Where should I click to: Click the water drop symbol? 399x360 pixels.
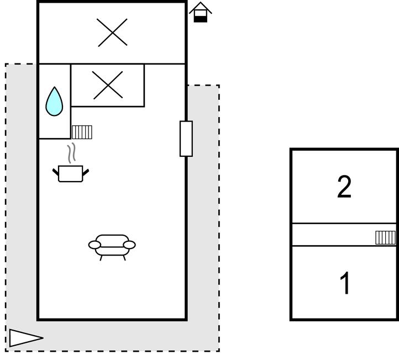(x=54, y=102)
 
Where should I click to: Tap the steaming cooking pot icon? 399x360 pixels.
(x=71, y=173)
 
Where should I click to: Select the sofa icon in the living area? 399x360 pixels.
(x=112, y=245)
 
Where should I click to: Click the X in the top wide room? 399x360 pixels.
(x=112, y=32)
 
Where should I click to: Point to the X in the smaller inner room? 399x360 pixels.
(x=108, y=85)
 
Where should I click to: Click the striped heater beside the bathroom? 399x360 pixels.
(x=82, y=132)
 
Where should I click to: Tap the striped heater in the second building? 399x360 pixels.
(x=386, y=237)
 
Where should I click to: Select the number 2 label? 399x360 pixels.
(x=344, y=187)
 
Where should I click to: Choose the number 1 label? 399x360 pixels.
(x=345, y=284)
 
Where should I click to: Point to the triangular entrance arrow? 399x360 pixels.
(x=25, y=338)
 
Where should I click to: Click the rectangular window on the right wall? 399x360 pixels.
(x=186, y=139)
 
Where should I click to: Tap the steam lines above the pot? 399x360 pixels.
(x=71, y=153)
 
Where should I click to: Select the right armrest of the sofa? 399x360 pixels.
(x=129, y=245)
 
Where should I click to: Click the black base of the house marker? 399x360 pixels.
(x=201, y=19)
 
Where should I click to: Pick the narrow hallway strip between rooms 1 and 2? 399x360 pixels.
(x=332, y=235)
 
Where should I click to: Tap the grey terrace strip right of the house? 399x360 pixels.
(x=203, y=221)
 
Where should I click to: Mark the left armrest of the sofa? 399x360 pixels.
(x=95, y=245)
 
